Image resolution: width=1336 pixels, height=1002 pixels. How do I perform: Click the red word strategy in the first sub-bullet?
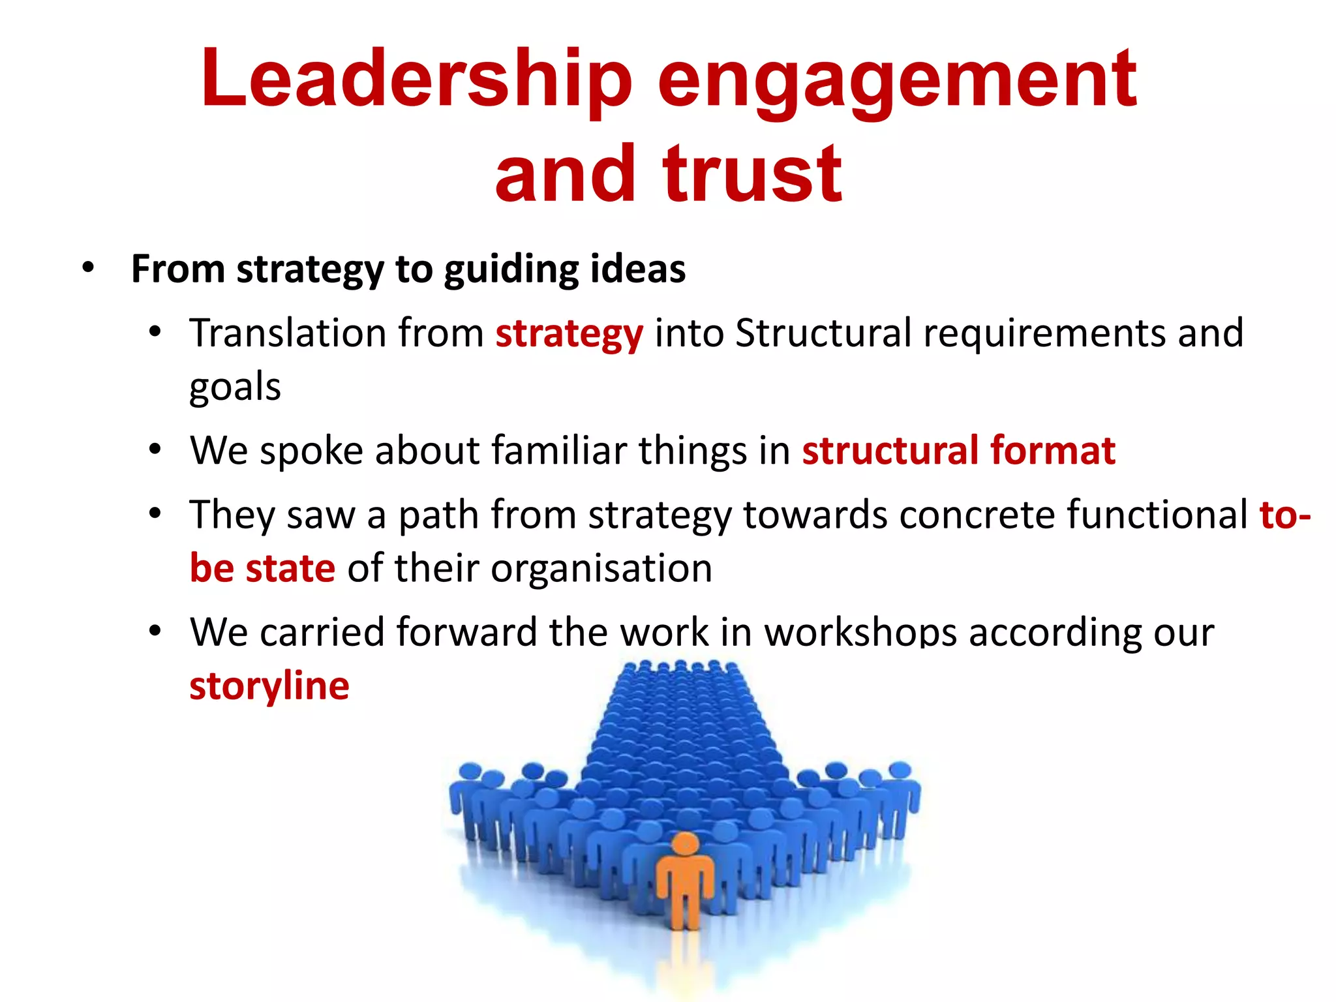click(569, 334)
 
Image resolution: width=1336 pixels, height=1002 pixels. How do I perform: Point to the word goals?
click(235, 387)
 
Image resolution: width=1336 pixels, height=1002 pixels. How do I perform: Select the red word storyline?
click(269, 686)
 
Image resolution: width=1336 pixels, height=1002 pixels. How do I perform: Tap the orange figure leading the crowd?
click(684, 887)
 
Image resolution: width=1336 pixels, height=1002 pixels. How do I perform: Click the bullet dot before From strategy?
click(88, 268)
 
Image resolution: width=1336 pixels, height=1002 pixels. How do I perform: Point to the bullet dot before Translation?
click(155, 333)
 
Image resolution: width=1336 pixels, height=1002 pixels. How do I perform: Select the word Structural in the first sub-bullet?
click(823, 333)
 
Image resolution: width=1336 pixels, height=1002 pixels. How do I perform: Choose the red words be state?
click(262, 568)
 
